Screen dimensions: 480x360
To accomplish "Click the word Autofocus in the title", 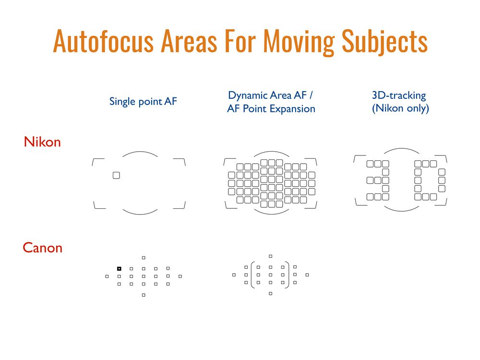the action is (x=103, y=41).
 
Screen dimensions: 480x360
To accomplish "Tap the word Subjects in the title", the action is (x=384, y=43).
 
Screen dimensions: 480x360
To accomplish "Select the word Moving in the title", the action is (x=299, y=43).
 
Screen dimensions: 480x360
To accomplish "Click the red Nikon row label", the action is (x=42, y=142).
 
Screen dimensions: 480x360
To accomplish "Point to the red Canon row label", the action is (x=43, y=248).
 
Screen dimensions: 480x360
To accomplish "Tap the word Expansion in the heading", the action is (x=292, y=109).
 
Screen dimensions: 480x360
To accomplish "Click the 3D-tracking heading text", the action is (x=399, y=96).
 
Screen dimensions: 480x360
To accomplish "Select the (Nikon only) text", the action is (x=400, y=108).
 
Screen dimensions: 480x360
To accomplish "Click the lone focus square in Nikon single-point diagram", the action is (x=116, y=175).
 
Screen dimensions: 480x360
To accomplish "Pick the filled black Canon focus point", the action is (x=119, y=268).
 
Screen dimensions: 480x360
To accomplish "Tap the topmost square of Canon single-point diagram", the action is (x=144, y=258).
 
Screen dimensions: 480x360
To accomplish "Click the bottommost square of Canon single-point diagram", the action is (x=144, y=295).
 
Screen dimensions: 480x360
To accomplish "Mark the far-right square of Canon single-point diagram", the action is (x=180, y=276).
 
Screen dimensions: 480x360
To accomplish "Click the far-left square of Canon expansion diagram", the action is (x=234, y=275).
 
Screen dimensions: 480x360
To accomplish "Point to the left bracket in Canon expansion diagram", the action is (x=252, y=275).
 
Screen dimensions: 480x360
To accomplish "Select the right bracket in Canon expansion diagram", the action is (x=288, y=275).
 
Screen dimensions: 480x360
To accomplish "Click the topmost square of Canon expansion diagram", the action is (x=270, y=256).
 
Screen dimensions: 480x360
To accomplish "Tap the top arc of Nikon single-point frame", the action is (x=140, y=152).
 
